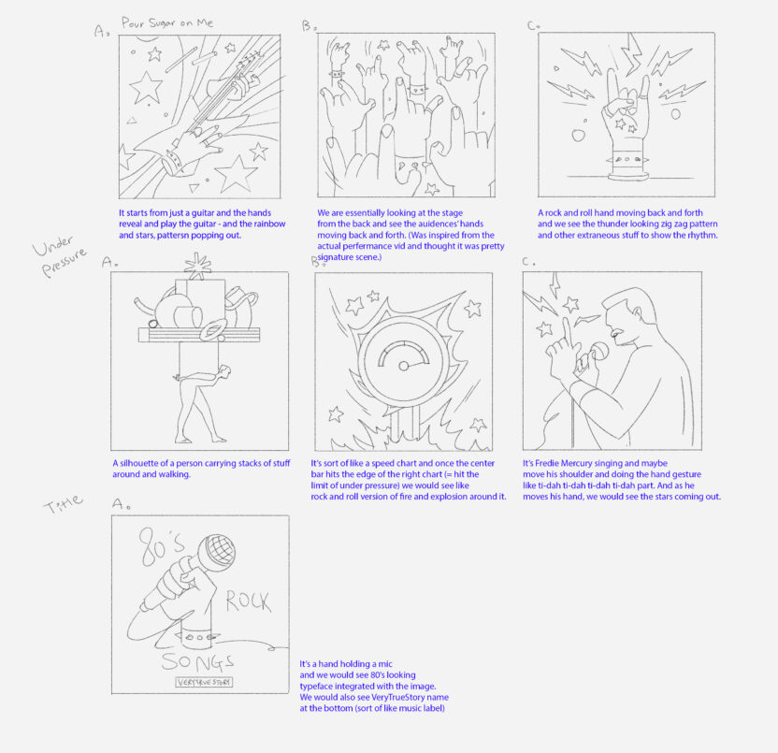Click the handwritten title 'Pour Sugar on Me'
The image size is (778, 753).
(167, 23)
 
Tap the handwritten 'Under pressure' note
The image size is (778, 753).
(60, 255)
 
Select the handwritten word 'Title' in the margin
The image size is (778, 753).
(63, 504)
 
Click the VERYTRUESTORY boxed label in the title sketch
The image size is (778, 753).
(204, 682)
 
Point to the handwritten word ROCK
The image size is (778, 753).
(248, 601)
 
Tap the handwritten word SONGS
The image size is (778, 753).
(197, 661)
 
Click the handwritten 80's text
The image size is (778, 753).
(160, 546)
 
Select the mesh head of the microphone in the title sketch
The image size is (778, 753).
(216, 553)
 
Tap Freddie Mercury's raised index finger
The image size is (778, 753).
(567, 333)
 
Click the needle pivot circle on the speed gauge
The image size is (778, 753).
(404, 366)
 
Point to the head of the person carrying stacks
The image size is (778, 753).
(224, 371)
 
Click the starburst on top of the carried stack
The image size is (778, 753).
(197, 266)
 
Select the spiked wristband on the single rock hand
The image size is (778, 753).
(627, 160)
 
